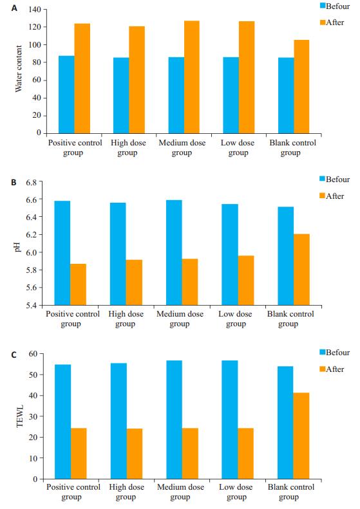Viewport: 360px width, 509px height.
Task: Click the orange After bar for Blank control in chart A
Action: tap(301, 87)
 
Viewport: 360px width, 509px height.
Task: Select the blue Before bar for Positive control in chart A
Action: tap(66, 95)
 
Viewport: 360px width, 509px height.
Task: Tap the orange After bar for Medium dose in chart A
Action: tap(192, 77)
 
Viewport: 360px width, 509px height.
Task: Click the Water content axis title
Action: tap(19, 68)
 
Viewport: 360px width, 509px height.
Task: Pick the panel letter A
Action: tap(14, 8)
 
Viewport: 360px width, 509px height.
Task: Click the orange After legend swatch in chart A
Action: tap(323, 23)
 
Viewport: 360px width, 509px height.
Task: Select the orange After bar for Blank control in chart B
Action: tap(302, 270)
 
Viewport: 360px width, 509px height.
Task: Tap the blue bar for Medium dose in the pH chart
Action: tap(174, 252)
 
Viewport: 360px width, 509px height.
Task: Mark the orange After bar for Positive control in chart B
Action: tap(79, 284)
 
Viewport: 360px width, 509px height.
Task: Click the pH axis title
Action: tap(17, 246)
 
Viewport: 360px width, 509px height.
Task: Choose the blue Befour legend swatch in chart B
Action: tap(322, 178)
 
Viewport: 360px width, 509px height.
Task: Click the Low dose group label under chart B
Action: tap(235, 319)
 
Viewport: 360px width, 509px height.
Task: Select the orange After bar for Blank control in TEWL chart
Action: tap(301, 436)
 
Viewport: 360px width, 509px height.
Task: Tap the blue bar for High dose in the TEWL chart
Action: tap(118, 421)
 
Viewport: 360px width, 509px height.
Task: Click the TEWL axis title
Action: tap(20, 416)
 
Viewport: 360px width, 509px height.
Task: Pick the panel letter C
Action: tap(14, 355)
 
